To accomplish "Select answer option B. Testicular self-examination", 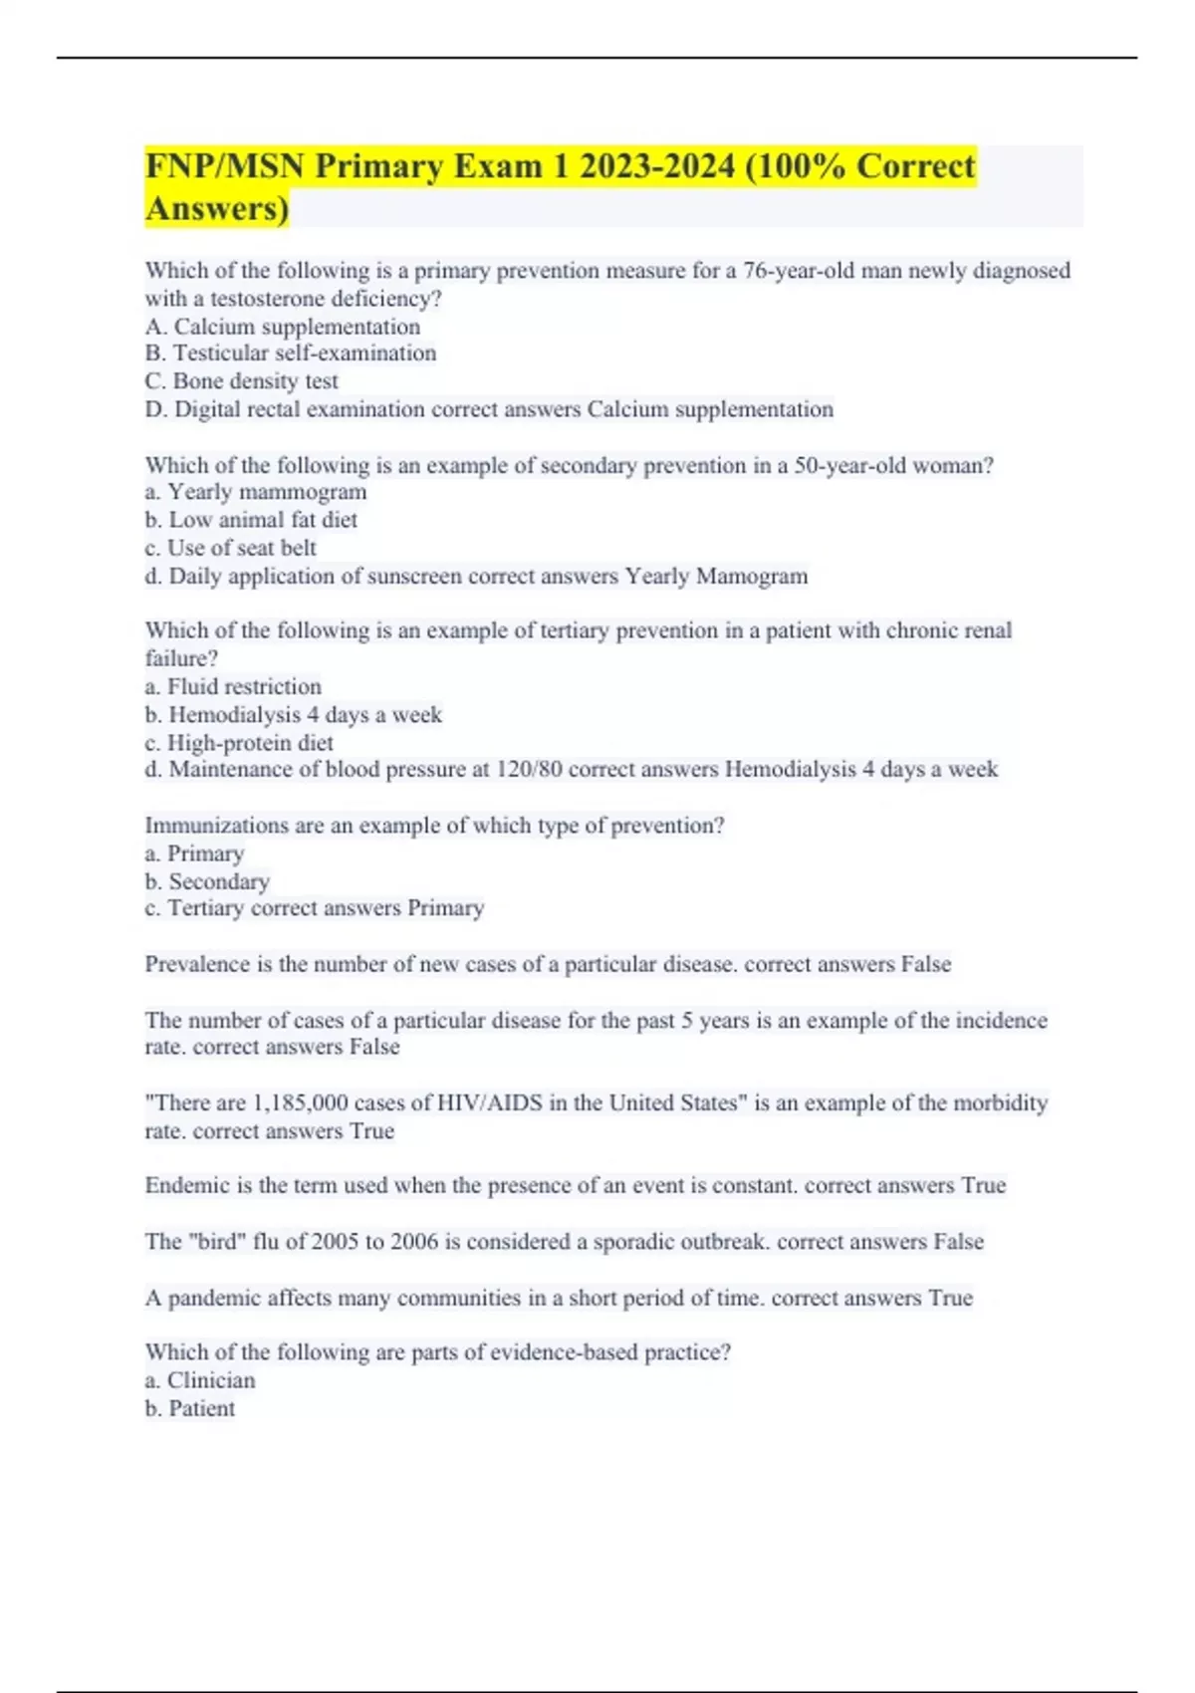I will click(291, 353).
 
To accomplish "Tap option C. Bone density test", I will click(242, 380).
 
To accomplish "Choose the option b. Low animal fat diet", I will click(251, 519).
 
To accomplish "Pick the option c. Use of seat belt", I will click(231, 548).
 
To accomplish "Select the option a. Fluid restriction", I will click(233, 686).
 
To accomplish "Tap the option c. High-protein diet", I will click(239, 742).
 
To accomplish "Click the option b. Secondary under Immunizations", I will click(207, 881).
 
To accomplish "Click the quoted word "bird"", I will click(217, 1241).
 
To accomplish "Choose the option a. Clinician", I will click(200, 1380).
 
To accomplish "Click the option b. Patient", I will click(190, 1408).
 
